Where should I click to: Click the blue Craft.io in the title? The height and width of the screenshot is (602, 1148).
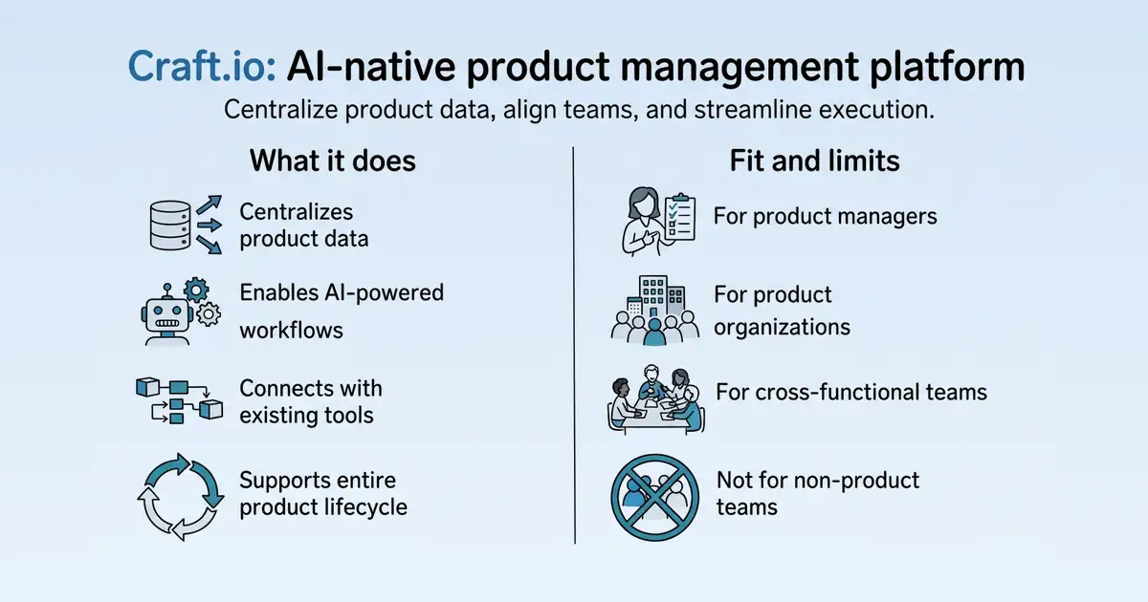point(202,67)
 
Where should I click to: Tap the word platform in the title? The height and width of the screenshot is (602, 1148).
point(947,68)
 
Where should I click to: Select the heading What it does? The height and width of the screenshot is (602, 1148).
point(333,161)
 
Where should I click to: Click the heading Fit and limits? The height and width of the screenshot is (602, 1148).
point(814,161)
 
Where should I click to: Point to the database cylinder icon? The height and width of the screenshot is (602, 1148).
point(170,226)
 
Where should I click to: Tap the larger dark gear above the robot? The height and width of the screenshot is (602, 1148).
point(196,290)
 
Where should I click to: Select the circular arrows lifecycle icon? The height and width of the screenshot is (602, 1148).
point(181,497)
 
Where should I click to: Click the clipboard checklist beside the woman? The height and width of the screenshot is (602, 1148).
point(679,217)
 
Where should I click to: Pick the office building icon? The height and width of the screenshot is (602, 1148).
point(655,297)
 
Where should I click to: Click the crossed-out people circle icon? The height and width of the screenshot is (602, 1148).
point(655,498)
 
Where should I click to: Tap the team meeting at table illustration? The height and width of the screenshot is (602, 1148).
point(656,400)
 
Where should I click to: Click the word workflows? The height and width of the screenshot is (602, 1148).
point(291,331)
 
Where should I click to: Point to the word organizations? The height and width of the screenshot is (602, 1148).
point(783,328)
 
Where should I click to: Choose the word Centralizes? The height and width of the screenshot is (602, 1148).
point(297,212)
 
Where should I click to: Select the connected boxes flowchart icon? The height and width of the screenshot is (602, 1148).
point(180,400)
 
